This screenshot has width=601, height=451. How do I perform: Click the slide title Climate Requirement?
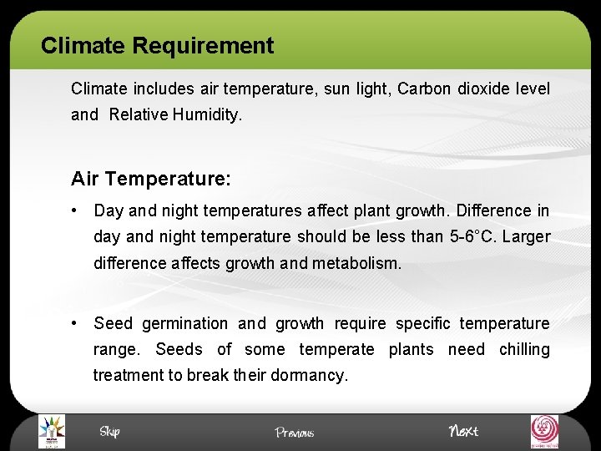coord(157,45)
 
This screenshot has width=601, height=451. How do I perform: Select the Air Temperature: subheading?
coord(151,179)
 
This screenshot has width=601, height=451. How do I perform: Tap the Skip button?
coord(109,431)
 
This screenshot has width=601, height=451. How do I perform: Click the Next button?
coord(463,431)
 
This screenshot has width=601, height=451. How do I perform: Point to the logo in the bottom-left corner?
coord(52,431)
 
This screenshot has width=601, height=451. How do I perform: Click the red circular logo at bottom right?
coord(546,431)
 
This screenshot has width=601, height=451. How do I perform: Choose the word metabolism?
coord(356,263)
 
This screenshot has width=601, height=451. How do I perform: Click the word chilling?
coord(524,349)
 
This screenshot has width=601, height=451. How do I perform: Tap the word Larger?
coord(526,236)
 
